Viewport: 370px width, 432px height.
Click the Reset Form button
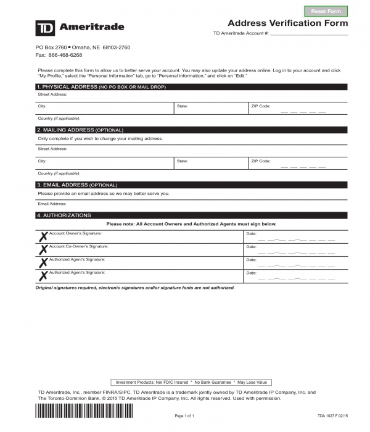[326, 11]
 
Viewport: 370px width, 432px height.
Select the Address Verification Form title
[288, 23]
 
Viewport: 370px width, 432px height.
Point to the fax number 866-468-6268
[65, 55]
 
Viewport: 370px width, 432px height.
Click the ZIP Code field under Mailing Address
[297, 163]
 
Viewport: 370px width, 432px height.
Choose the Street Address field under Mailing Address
[191, 149]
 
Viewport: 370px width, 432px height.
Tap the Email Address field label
[52, 204]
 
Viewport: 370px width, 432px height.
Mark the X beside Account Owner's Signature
[43, 237]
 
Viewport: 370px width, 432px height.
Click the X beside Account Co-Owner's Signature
[43, 249]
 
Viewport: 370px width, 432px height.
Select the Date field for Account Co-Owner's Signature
[296, 250]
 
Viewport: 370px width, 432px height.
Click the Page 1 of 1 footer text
[185, 417]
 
